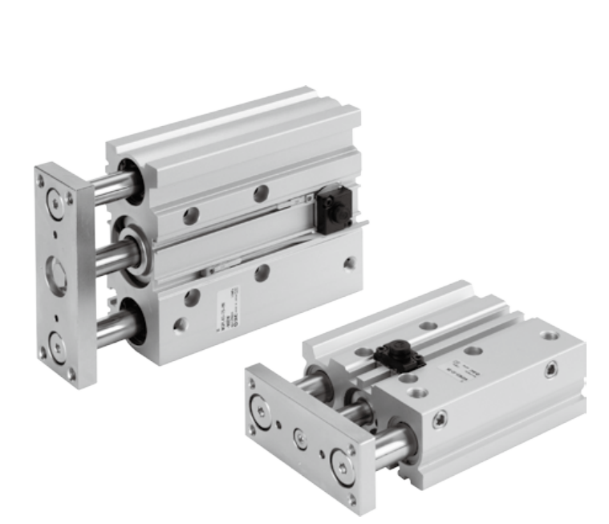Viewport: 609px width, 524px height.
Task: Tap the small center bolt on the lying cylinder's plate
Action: (x=299, y=437)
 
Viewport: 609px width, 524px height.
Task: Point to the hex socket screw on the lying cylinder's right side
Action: (x=550, y=369)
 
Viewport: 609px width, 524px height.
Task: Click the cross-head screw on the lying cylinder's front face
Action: (x=439, y=420)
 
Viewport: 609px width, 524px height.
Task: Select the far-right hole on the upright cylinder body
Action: (x=349, y=262)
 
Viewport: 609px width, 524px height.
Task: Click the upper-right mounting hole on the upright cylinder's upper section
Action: (x=260, y=193)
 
